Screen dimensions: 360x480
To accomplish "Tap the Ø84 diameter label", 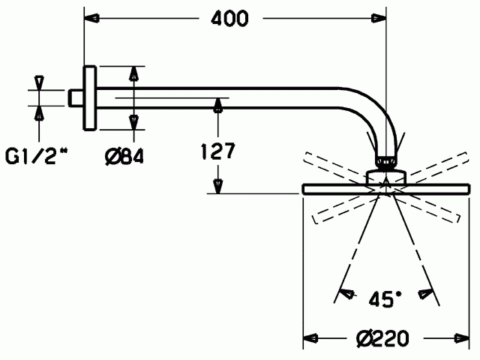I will coord(124,157).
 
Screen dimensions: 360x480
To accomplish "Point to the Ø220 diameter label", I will coord(382,338).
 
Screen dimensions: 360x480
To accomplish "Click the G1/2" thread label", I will coord(36,157).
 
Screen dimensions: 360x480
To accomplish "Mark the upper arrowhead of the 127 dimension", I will coord(217,106).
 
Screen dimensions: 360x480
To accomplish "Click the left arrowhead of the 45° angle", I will coord(347,293).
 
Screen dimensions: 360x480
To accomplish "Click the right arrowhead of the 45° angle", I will coord(425,293).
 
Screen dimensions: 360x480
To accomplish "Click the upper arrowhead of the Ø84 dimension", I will coord(134,73).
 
